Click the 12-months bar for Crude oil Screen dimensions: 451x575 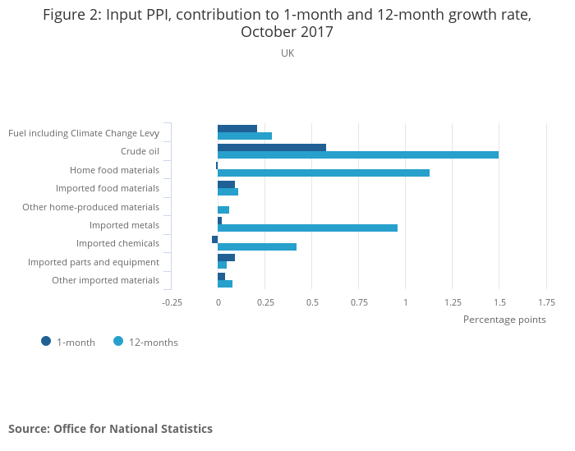(x=358, y=154)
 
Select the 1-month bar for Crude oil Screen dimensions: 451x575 (x=272, y=147)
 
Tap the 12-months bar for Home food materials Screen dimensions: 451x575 (x=324, y=173)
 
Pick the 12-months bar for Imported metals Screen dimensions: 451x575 (x=307, y=228)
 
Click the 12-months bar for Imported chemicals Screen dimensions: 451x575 (x=257, y=246)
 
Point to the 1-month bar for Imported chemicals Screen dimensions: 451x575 (x=215, y=239)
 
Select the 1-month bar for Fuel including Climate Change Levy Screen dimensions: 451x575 (x=237, y=129)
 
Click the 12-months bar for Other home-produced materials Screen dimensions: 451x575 (x=223, y=209)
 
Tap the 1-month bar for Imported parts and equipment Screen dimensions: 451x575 (x=226, y=257)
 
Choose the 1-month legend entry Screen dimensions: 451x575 (x=69, y=342)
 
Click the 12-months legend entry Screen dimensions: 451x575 (x=146, y=342)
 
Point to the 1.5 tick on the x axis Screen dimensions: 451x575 (x=499, y=301)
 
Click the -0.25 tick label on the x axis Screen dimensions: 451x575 (x=172, y=301)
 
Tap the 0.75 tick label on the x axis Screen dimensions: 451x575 (x=359, y=301)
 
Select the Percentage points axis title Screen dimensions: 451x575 (x=504, y=319)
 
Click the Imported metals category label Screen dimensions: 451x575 (x=124, y=224)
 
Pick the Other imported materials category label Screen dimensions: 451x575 (x=105, y=280)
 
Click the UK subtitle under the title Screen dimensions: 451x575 (x=287, y=53)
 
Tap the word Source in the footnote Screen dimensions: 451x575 (x=28, y=429)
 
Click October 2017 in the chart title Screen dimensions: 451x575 (x=287, y=32)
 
